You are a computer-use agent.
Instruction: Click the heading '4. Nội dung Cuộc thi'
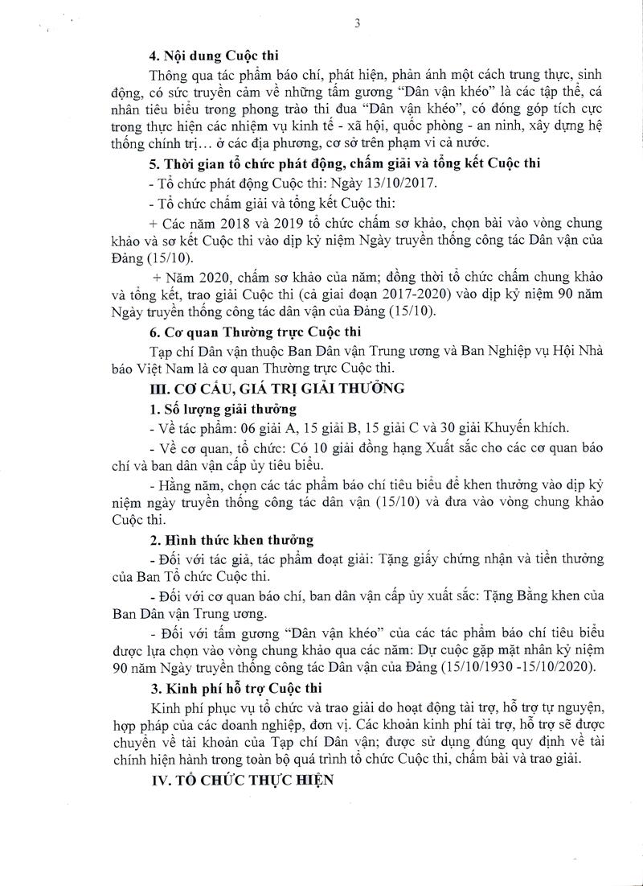pyautogui.click(x=212, y=56)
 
